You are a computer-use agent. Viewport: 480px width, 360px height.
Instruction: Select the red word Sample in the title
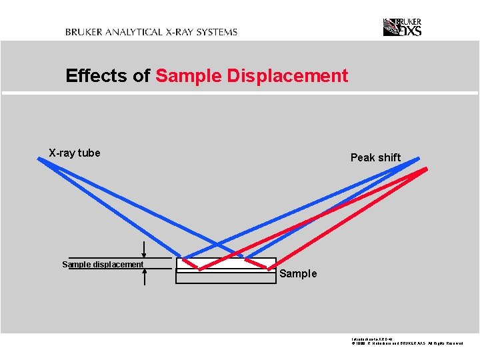[x=189, y=76]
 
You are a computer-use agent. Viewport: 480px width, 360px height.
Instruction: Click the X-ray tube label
[x=75, y=153]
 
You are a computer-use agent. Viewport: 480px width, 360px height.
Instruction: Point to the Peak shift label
[x=375, y=157]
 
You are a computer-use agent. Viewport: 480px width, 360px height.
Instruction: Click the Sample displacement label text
[x=103, y=265]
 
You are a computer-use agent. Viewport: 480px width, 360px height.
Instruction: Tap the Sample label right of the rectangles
[x=298, y=274]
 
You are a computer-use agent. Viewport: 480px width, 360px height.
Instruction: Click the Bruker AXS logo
[x=402, y=27]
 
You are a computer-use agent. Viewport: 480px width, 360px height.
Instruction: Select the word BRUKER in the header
[x=83, y=31]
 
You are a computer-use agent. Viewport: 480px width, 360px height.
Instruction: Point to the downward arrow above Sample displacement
[x=145, y=250]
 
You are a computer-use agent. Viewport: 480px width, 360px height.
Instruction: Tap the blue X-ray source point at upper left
[x=39, y=159]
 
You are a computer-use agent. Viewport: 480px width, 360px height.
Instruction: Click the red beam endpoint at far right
[x=425, y=169]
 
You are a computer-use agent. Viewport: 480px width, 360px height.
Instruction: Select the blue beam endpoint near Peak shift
[x=419, y=159]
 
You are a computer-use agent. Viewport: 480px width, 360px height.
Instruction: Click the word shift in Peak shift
[x=389, y=157]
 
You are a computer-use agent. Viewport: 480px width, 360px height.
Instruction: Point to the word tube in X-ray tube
[x=89, y=153]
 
